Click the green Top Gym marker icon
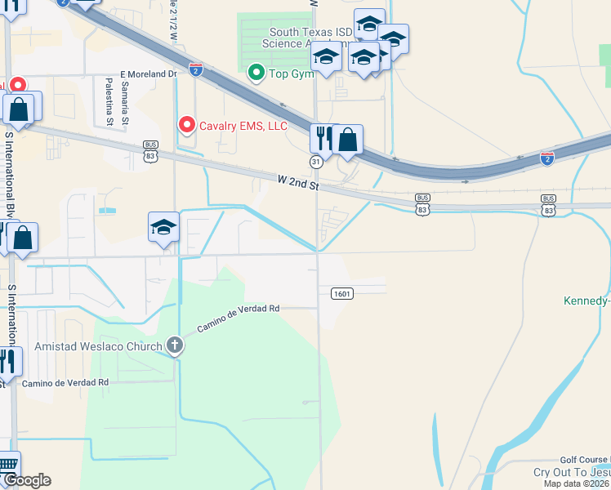pos(256,73)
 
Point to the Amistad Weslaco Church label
pos(98,346)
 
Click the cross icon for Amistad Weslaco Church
pos(174,346)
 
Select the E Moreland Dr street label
pos(149,73)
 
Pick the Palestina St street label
pos(109,102)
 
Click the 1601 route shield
pos(342,293)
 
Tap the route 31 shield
pos(315,163)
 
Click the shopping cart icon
pos(7,465)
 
